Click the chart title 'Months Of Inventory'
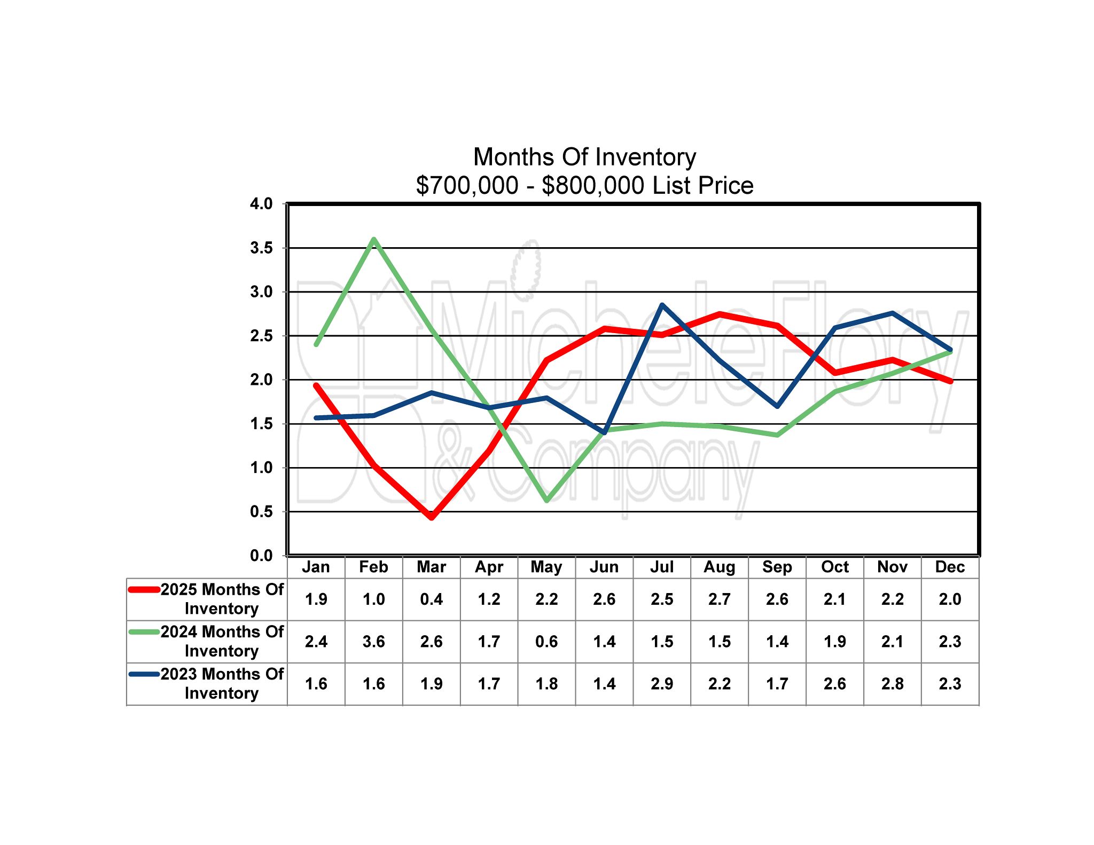[x=584, y=157]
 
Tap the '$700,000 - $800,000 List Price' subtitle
[x=584, y=185]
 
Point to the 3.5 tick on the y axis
[x=261, y=248]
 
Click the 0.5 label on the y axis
[x=261, y=511]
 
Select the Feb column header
[x=373, y=567]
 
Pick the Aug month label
[x=720, y=567]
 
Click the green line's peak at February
[x=374, y=239]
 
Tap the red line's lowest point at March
[x=432, y=517]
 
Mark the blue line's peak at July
[x=662, y=305]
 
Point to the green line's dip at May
[x=547, y=500]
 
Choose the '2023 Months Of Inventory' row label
[x=222, y=683]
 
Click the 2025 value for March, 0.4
[x=431, y=599]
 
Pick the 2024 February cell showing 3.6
[x=373, y=642]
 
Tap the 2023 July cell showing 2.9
[x=662, y=684]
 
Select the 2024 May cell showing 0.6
[x=546, y=642]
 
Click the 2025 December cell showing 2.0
[x=950, y=599]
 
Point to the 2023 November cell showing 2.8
[x=892, y=684]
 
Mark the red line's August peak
[x=720, y=314]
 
